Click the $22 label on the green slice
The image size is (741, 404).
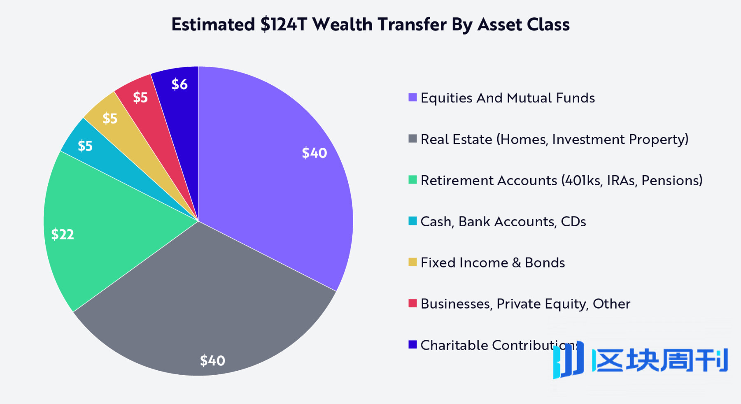(63, 235)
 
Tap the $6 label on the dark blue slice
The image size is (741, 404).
(179, 84)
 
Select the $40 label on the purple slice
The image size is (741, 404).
(315, 153)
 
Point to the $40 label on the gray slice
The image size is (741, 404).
(212, 361)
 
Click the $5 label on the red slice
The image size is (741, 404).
(140, 98)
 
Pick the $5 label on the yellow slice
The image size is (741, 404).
(110, 118)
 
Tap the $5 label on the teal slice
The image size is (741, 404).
(85, 146)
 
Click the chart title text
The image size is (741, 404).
(370, 25)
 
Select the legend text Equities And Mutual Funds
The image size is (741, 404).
(508, 98)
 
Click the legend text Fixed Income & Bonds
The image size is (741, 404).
(493, 262)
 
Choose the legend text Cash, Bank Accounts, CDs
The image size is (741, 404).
(503, 221)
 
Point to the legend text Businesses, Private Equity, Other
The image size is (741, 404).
(525, 304)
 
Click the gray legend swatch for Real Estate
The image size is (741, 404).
(412, 139)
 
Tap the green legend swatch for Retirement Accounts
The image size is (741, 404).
(412, 180)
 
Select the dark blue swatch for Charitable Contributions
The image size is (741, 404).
(412, 344)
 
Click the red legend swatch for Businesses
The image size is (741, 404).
(412, 303)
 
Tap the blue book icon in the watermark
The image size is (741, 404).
(568, 360)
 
